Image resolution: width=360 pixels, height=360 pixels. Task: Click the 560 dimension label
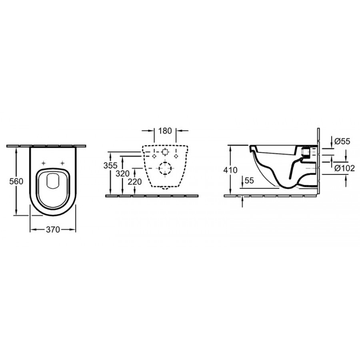(16, 181)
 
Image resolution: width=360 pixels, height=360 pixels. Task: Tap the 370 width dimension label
(53, 229)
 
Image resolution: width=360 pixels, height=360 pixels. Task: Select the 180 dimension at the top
(165, 131)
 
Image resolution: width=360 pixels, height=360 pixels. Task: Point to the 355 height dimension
(110, 165)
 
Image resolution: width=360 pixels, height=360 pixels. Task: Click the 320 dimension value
(123, 174)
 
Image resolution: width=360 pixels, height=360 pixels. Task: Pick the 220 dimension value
(135, 182)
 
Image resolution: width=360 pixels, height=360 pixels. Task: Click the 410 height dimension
(230, 170)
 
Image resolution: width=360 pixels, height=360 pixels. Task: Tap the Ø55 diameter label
(342, 142)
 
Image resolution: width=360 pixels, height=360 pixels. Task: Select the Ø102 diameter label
(345, 168)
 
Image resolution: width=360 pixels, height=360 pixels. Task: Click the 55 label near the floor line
(249, 180)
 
